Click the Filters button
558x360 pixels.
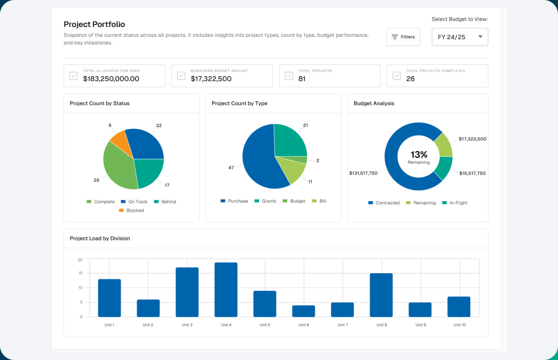(x=403, y=37)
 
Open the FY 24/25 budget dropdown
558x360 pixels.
(x=459, y=37)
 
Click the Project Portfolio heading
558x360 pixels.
(x=94, y=24)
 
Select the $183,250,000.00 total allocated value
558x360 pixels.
(x=111, y=79)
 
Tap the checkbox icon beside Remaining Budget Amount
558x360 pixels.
(x=181, y=76)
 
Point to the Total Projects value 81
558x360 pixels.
(x=302, y=79)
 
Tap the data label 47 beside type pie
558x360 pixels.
(x=231, y=167)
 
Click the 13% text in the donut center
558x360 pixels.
(x=418, y=154)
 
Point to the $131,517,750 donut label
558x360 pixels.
(x=363, y=173)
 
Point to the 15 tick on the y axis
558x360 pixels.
(x=80, y=273)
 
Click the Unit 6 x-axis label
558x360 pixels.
(x=303, y=325)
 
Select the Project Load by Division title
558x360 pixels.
(x=100, y=238)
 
